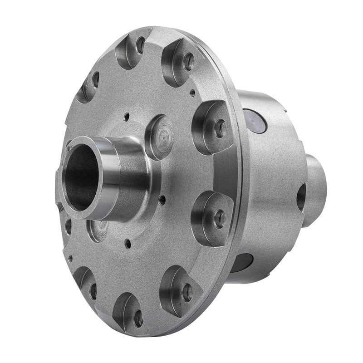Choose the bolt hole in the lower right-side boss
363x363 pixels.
point(220,219)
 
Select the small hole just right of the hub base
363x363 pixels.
point(162,198)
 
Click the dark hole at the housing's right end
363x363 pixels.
point(301,197)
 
